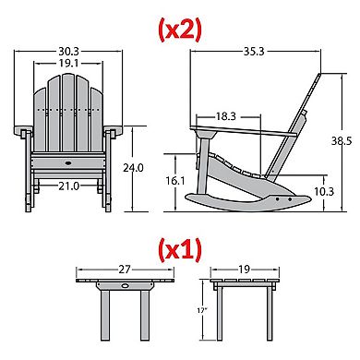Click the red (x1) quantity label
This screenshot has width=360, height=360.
[180, 250]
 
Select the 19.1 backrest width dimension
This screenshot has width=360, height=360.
[68, 63]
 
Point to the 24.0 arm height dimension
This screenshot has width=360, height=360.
[133, 168]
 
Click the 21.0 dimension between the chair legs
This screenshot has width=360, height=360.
[69, 186]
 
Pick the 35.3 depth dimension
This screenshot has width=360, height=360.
[254, 52]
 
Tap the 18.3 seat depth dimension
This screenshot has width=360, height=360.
[225, 116]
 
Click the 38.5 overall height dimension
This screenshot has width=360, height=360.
[342, 141]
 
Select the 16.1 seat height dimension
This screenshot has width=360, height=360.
[175, 181]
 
